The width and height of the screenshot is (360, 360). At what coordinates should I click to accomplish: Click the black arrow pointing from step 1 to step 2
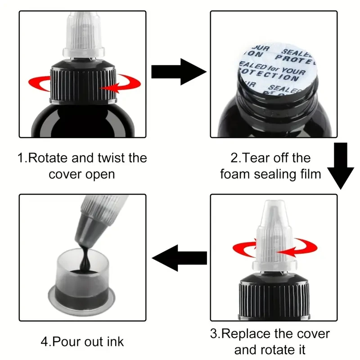pos(179,72)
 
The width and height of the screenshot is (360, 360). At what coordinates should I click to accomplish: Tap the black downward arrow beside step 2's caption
pos(341,166)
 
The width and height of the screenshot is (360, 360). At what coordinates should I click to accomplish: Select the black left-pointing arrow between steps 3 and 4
pos(179,258)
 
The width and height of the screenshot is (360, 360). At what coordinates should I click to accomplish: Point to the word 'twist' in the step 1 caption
pos(111,158)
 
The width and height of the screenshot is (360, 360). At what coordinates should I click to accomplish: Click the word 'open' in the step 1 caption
pos(100,175)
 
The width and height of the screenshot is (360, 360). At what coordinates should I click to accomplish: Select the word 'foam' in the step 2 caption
pos(235,174)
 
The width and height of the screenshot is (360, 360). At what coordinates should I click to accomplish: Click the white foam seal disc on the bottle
pos(277,68)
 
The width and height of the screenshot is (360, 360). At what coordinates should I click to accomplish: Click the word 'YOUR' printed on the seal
pos(293,71)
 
